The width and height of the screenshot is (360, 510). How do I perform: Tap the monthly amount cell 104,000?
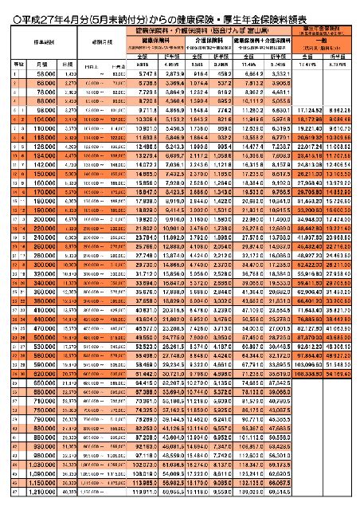[x=44, y=139]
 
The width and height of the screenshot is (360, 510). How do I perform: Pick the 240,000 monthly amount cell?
[x=44, y=281]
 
